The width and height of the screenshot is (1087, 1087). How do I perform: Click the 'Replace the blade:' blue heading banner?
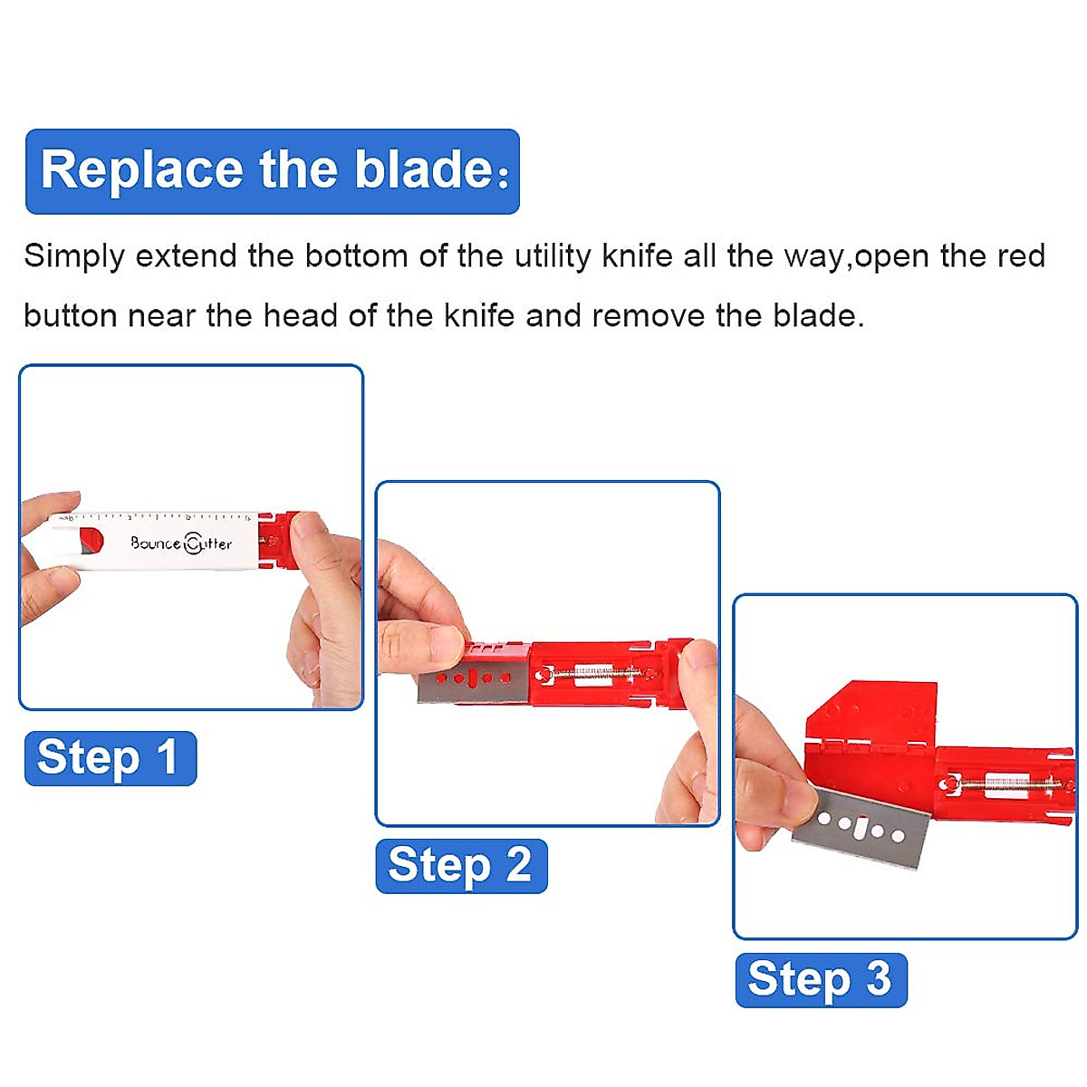[x=272, y=171]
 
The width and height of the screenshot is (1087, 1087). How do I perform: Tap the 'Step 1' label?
[x=110, y=757]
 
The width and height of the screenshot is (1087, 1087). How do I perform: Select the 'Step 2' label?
[x=461, y=866]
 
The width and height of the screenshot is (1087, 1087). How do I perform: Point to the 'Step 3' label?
[x=821, y=979]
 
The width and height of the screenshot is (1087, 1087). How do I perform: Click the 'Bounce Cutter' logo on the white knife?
[x=181, y=543]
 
